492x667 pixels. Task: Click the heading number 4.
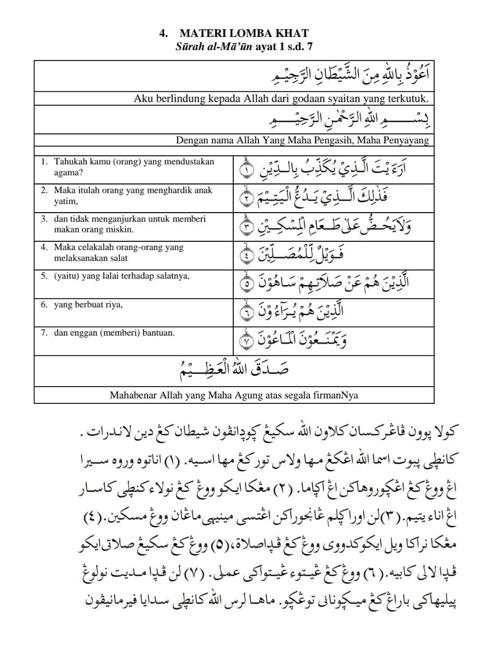163,34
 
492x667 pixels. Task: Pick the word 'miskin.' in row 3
119,229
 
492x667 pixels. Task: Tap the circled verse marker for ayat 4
245,255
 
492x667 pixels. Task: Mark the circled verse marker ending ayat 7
245,341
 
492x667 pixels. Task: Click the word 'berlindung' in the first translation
174,98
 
